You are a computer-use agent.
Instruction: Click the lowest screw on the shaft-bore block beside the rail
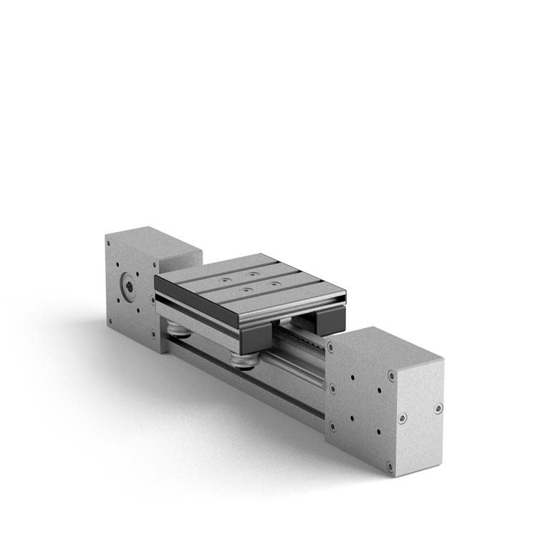point(153,333)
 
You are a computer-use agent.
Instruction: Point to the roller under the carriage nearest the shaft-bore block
point(179,328)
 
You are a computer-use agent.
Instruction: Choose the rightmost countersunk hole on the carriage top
point(275,284)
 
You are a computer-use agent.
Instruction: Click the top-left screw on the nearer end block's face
point(332,347)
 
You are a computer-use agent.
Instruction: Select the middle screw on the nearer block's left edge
point(332,388)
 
